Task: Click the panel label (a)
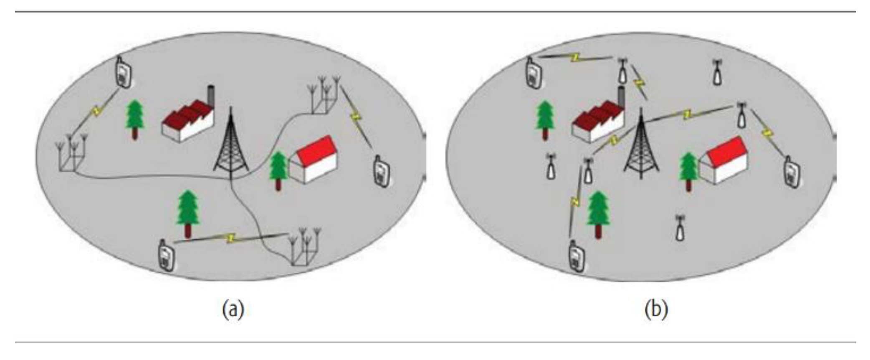point(233,310)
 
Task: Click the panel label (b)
point(656,310)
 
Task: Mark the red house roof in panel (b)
point(728,151)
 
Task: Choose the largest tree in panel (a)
point(188,214)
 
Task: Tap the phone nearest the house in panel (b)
point(792,172)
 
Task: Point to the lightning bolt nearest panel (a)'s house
point(356,117)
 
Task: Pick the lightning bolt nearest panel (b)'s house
point(766,133)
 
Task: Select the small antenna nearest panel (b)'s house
point(741,115)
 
